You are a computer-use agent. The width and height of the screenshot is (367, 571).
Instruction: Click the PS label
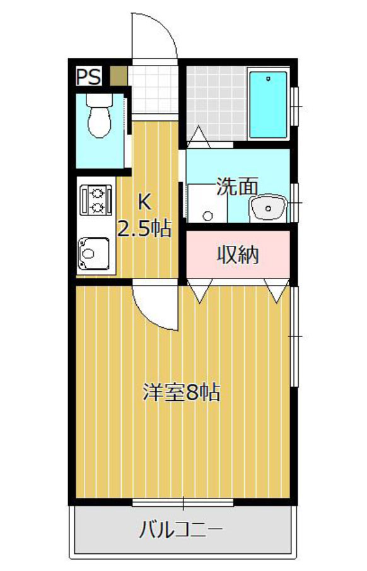[88, 76]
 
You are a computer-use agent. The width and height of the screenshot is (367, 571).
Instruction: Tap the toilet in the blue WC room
[99, 115]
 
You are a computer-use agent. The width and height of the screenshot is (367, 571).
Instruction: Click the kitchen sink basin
[94, 253]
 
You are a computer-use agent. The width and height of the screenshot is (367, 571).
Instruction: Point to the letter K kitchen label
[144, 201]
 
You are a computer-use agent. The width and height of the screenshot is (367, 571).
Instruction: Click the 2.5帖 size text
[144, 229]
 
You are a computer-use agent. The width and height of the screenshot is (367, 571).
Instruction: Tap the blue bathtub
[268, 105]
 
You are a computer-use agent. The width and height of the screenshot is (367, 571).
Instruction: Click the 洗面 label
[237, 186]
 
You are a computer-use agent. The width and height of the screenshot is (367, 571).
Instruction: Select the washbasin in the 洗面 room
[268, 208]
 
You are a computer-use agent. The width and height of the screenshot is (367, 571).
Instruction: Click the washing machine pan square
[207, 204]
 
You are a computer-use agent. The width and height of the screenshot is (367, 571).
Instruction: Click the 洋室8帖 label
[182, 393]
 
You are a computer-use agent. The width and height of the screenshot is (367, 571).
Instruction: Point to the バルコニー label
[181, 530]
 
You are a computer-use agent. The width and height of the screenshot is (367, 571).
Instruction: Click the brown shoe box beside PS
[119, 76]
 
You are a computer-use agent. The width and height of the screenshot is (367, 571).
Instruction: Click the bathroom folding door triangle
[199, 136]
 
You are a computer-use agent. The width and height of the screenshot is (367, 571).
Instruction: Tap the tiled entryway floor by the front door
[153, 90]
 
